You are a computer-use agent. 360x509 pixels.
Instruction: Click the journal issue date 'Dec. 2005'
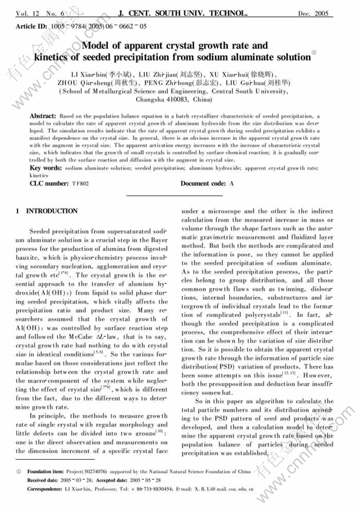(x=317, y=13)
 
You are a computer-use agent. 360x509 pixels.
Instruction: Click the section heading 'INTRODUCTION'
(x=52, y=211)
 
